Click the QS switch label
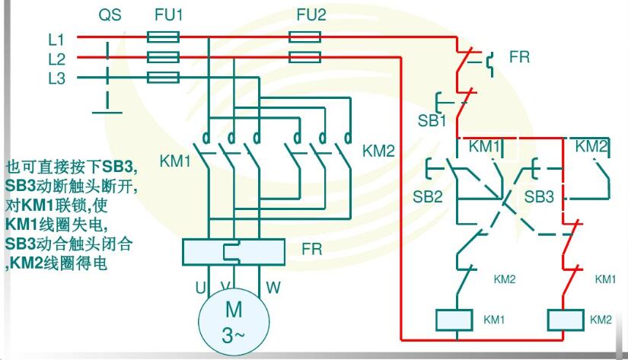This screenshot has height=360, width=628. pyautogui.click(x=110, y=14)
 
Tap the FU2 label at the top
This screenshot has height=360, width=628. pyautogui.click(x=311, y=14)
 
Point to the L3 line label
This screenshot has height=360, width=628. pyautogui.click(x=57, y=78)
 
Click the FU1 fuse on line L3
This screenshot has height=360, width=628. pyautogui.click(x=162, y=77)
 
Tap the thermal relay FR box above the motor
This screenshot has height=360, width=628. pyautogui.click(x=234, y=250)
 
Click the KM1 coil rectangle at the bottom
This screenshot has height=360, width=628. pyautogui.click(x=454, y=319)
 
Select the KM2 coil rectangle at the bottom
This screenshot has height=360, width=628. pyautogui.click(x=564, y=319)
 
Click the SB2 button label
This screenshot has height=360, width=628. pyautogui.click(x=428, y=196)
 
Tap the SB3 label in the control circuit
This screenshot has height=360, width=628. pyautogui.click(x=539, y=196)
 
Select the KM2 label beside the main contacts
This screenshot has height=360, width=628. pyautogui.click(x=378, y=151)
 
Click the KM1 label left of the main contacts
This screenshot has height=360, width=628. pyautogui.click(x=175, y=161)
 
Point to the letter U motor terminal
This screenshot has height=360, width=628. pyautogui.click(x=201, y=288)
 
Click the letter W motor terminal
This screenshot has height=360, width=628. pyautogui.click(x=273, y=288)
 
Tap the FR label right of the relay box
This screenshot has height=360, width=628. pyautogui.click(x=312, y=249)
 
